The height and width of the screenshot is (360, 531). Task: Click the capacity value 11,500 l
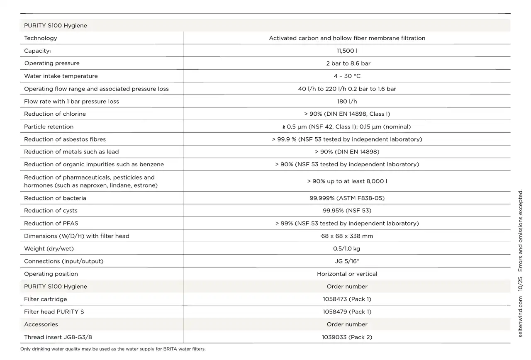(347, 51)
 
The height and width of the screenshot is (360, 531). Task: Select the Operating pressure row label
(52, 63)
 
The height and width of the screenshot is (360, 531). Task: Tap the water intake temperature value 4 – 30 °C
(347, 76)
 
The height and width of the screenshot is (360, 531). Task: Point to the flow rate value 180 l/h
(347, 102)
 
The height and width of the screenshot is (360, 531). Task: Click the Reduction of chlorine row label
(55, 114)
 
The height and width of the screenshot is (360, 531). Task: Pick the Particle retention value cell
(347, 127)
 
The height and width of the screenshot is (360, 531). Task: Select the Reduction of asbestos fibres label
(65, 139)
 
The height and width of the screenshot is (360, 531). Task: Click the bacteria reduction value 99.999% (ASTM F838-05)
(347, 198)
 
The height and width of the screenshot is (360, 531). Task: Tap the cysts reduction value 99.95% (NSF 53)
(347, 211)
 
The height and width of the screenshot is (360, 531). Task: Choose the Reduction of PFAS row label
(51, 224)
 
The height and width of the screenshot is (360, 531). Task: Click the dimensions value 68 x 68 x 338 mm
(347, 236)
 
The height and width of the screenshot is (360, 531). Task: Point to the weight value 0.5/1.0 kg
(347, 249)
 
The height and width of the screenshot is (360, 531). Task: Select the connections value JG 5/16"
(347, 261)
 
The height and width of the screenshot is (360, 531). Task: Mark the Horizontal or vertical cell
(347, 274)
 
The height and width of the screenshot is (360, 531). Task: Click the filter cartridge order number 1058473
(347, 299)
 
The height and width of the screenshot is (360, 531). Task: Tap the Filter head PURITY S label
(54, 312)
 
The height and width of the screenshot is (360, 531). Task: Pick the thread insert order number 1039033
(347, 337)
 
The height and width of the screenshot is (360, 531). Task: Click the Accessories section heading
(41, 325)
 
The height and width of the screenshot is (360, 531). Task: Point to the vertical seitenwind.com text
(521, 317)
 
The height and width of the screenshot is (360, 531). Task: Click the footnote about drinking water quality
(113, 349)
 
